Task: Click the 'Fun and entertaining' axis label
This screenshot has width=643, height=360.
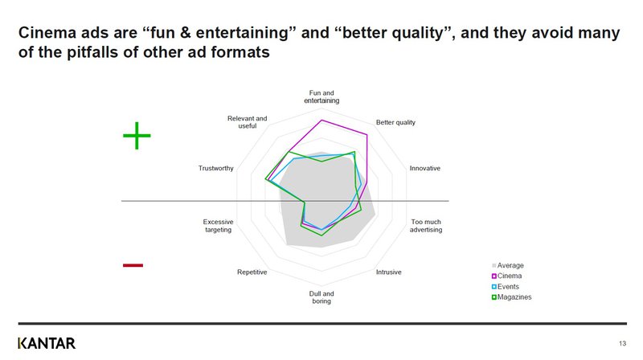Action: (321, 96)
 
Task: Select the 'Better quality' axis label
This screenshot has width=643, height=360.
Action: (395, 122)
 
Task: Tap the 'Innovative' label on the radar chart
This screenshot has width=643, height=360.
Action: (425, 168)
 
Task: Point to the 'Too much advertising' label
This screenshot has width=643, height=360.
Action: (426, 226)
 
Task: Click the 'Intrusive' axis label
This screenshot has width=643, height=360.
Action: (389, 272)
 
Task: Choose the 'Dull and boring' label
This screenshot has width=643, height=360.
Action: (321, 297)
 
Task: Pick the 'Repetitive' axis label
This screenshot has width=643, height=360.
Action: (252, 272)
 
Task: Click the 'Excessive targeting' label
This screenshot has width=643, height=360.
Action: (218, 226)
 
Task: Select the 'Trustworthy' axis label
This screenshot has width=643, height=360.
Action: (215, 168)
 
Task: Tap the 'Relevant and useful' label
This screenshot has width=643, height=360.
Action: (248, 122)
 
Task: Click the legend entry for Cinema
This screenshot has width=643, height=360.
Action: (507, 276)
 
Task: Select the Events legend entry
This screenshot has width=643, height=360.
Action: (506, 287)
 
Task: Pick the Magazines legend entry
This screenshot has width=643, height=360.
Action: (512, 297)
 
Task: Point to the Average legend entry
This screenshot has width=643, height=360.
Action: (508, 265)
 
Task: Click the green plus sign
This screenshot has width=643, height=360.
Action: (137, 135)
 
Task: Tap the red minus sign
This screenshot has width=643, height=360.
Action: (133, 265)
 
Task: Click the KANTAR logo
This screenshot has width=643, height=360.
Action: (47, 343)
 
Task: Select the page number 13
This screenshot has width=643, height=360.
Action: (622, 343)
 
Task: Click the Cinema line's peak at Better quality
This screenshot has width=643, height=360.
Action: (367, 134)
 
